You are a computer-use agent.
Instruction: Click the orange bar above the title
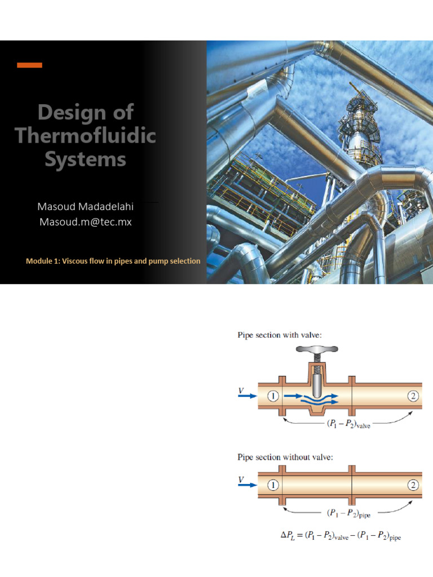(x=29, y=65)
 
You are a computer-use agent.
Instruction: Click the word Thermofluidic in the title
(x=85, y=136)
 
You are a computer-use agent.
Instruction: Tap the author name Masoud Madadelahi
(x=85, y=206)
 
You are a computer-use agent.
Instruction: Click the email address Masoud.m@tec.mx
(x=85, y=222)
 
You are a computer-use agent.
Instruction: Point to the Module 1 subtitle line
(x=113, y=261)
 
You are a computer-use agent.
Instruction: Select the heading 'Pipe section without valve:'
(x=284, y=457)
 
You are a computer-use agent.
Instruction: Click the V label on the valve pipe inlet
(x=241, y=389)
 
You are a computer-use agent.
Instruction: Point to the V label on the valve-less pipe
(x=241, y=480)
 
